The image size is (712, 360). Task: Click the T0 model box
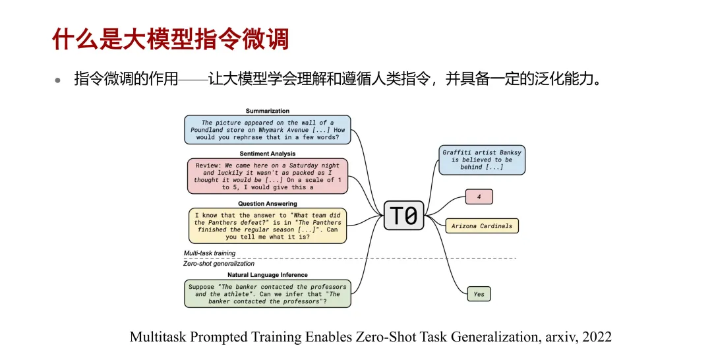coord(403,215)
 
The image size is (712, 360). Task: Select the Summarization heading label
coord(268,111)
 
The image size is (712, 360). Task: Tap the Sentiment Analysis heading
coord(268,154)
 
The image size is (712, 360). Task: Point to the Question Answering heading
coord(268,204)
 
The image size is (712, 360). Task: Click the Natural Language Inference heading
coord(268,275)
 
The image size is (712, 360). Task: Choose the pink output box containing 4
coord(479,197)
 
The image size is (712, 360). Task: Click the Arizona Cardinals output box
coord(482,226)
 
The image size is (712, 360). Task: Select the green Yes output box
coord(479,294)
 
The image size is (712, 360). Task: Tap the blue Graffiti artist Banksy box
coord(482,160)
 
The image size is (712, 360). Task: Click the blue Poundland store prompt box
coord(268,130)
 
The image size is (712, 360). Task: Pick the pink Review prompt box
coord(268,176)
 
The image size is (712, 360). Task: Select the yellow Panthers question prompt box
coord(268,226)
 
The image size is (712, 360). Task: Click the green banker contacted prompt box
coord(268,293)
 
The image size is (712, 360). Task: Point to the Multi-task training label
coord(210,253)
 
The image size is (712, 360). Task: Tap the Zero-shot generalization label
coord(218,264)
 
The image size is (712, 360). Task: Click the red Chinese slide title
coord(170,39)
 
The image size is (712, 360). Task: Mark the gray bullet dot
coord(57,81)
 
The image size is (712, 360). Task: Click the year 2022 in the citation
coord(597,337)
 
